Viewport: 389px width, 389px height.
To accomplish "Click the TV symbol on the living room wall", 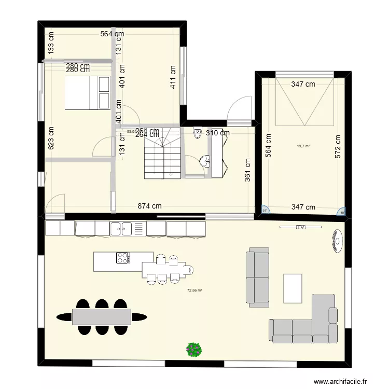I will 300,227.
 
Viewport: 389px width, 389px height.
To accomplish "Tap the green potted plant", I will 194,349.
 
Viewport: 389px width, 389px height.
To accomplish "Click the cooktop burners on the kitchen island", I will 123,258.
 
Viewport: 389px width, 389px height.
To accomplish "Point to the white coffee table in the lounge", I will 293,288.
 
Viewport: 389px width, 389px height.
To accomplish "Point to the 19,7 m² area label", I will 303,146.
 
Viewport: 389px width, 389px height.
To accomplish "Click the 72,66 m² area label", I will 195,298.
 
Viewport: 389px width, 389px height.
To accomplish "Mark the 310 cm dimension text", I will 218,133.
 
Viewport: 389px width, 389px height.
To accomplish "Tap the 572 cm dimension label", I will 338,146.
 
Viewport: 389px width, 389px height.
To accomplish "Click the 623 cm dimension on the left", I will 51,138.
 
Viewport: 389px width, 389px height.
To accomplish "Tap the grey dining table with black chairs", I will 101,316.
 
